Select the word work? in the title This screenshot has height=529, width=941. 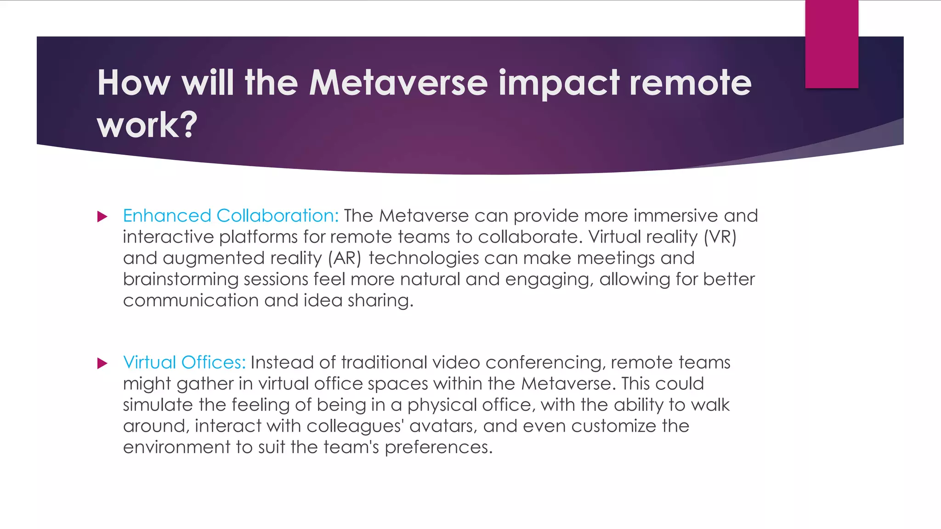click(147, 125)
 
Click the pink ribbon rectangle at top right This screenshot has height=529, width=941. click(832, 44)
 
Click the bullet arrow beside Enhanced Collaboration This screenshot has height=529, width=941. click(102, 216)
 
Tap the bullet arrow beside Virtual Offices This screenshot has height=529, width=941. click(102, 363)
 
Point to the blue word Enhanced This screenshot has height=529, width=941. click(167, 216)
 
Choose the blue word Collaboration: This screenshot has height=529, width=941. click(277, 216)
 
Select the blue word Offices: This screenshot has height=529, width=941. click(213, 363)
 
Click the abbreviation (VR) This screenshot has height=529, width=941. click(720, 237)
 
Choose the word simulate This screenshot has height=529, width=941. click(158, 405)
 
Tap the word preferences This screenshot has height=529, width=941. click(438, 447)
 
